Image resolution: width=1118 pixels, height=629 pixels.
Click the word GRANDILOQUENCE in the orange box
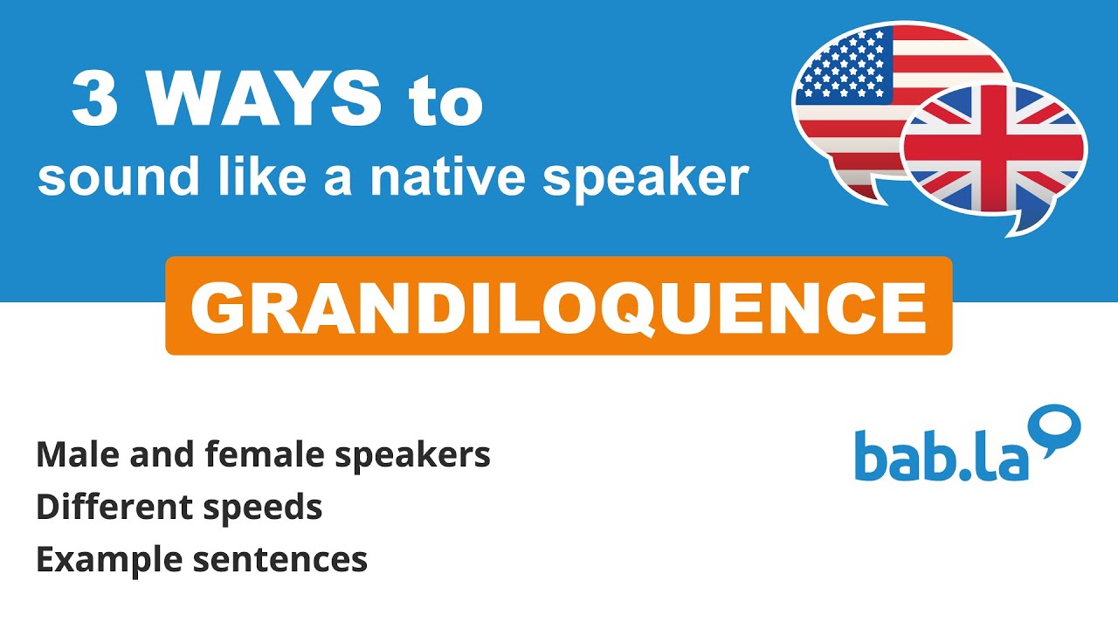558,307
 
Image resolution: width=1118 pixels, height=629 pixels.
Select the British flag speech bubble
994,152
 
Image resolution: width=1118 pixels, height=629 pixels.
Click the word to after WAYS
445,101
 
